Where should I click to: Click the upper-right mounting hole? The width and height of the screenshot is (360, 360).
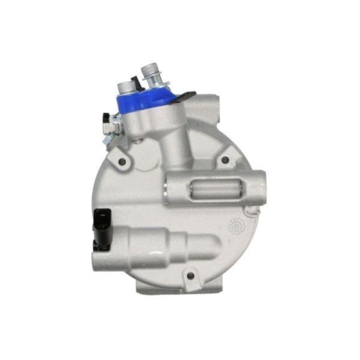click(x=226, y=160)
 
